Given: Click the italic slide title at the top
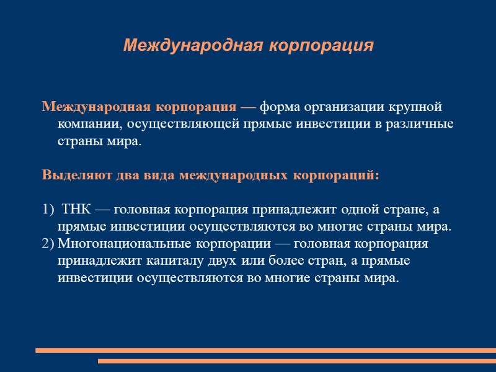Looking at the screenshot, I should [x=248, y=46].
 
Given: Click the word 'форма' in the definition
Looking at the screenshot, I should [x=278, y=107].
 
